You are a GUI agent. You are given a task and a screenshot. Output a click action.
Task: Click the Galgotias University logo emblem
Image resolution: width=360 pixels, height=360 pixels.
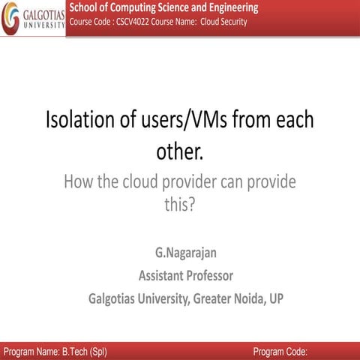[10, 19]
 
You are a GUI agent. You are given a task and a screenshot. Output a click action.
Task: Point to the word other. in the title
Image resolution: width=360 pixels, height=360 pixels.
[179, 151]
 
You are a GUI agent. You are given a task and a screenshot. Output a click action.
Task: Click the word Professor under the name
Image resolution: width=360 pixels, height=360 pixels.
[206, 274]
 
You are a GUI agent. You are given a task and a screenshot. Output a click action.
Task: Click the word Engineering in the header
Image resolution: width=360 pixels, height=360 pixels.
[225, 7]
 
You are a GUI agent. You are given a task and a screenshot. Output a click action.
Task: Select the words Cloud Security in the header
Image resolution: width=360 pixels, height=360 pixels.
[223, 22]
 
